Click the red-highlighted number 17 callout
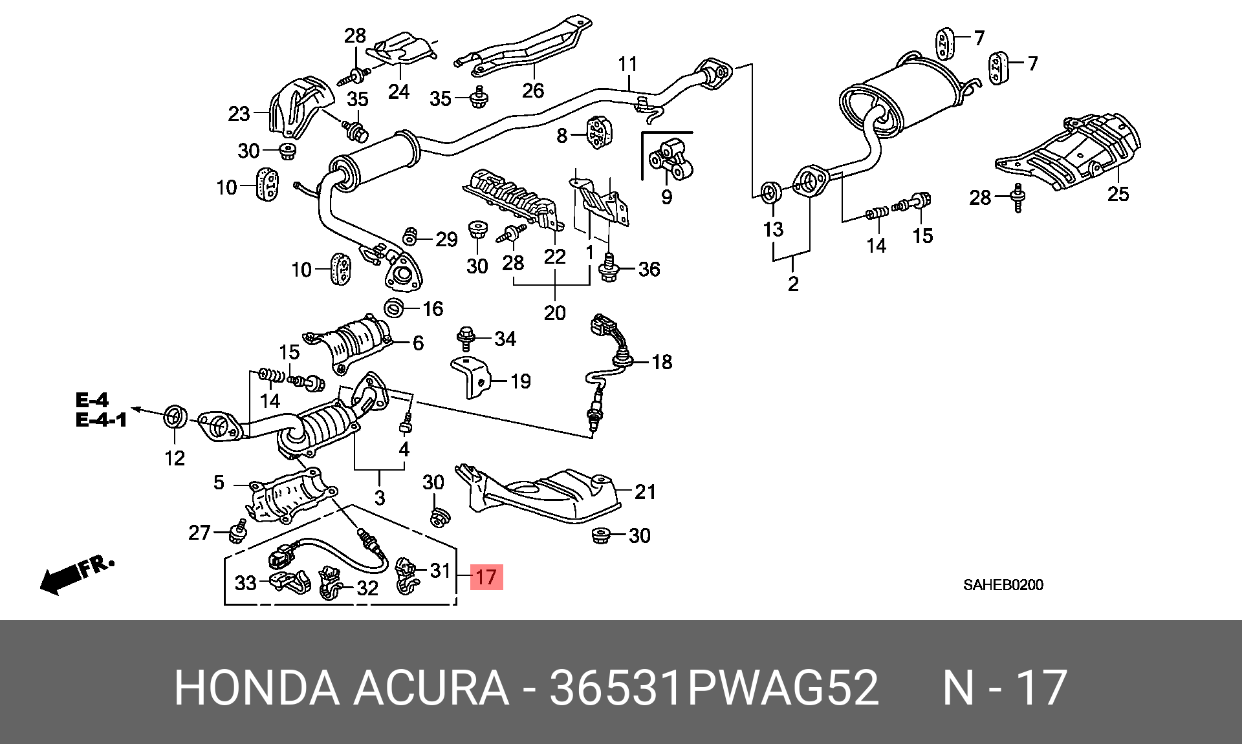tap(486, 577)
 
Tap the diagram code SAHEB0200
tap(1003, 585)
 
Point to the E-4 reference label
tap(92, 400)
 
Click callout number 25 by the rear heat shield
tap(1118, 194)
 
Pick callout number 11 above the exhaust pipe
tap(627, 65)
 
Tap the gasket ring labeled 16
tap(394, 308)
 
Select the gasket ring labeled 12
tap(175, 417)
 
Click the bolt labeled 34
tap(466, 338)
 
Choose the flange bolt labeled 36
tap(609, 268)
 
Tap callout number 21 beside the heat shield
tap(645, 492)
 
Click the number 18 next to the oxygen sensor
tap(662, 362)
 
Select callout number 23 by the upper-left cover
tap(239, 114)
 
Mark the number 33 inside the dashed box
tap(245, 583)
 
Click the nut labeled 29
tap(409, 237)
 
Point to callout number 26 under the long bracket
tap(533, 90)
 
